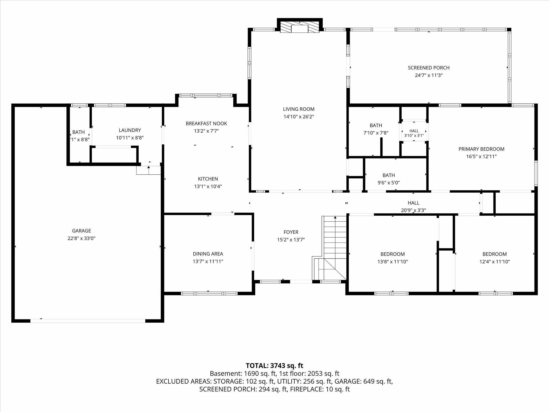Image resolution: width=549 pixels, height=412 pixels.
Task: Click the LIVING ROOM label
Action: [x=299, y=109]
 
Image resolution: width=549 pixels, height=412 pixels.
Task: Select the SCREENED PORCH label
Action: [x=429, y=68]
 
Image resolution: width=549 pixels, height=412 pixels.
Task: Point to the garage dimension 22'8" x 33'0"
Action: [x=81, y=238]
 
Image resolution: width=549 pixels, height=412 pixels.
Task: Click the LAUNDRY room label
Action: [x=130, y=130]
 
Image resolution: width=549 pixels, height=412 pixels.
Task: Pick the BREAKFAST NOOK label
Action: [x=206, y=124]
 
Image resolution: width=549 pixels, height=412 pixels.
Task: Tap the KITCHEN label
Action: [x=208, y=179]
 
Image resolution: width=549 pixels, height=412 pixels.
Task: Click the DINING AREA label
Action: [x=208, y=254]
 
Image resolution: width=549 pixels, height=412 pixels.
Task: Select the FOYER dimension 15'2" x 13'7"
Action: [x=291, y=240]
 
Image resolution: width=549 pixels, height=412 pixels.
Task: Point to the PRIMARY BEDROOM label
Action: [x=481, y=149]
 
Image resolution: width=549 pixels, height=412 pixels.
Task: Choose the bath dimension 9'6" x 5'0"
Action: [x=389, y=183]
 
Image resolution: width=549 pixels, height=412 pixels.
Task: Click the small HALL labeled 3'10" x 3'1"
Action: [x=414, y=133]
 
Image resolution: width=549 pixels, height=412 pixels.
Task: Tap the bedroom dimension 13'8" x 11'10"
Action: [x=393, y=262]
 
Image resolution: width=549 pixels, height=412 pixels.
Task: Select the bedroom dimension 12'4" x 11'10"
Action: [x=495, y=262]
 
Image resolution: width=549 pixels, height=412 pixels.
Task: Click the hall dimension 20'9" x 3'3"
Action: [x=414, y=211]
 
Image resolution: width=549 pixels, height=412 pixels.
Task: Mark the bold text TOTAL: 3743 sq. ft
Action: [x=274, y=366]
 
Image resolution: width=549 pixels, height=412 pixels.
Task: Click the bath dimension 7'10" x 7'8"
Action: [x=376, y=133]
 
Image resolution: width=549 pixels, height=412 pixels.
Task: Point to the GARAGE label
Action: [x=81, y=231]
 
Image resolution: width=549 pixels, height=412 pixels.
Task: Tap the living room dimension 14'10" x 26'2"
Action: [x=299, y=117]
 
